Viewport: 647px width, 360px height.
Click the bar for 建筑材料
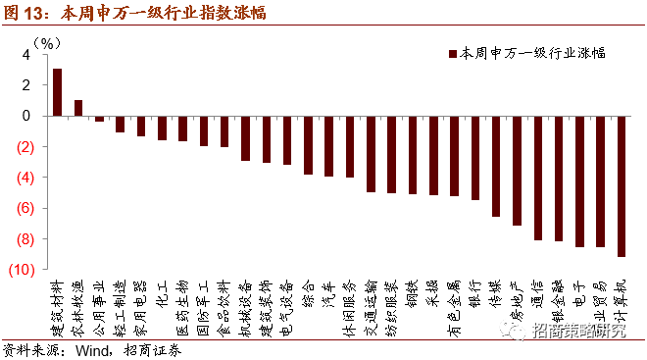[x=57, y=92]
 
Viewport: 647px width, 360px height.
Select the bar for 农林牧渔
[x=78, y=108]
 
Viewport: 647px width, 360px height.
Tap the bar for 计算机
[x=622, y=186]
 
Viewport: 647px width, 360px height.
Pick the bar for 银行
[x=475, y=158]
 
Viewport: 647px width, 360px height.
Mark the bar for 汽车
[x=328, y=146]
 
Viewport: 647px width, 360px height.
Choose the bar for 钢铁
[x=413, y=155]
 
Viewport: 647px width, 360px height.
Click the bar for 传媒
[x=496, y=166]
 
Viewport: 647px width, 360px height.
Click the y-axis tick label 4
[x=26, y=54]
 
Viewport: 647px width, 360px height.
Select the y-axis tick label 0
[x=26, y=116]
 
